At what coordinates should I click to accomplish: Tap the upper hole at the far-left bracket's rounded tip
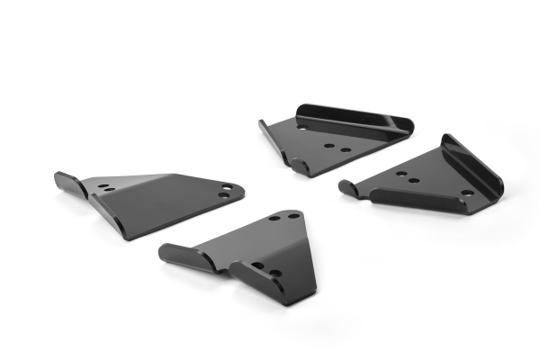pyautogui.click(x=228, y=187)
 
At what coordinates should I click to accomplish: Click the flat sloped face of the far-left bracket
pyautogui.click(x=162, y=202)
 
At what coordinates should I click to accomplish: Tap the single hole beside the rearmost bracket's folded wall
pyautogui.click(x=301, y=129)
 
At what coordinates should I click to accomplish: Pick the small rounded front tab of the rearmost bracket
pyautogui.click(x=297, y=163)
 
